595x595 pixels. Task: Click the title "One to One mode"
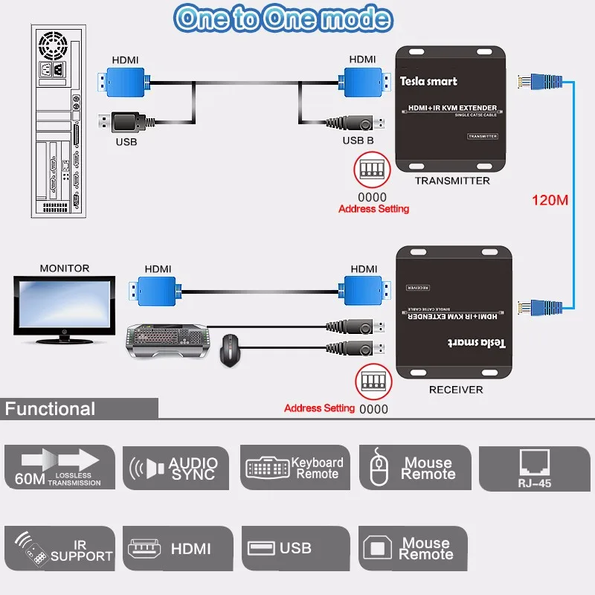[x=283, y=19]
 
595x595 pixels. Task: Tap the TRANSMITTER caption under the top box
[x=452, y=181]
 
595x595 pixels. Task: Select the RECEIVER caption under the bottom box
[x=456, y=390]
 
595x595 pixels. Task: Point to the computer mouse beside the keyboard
[x=231, y=350]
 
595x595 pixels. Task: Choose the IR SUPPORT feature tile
[x=59, y=549]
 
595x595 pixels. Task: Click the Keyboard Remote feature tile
[x=295, y=468]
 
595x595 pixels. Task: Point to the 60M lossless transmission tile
[x=59, y=468]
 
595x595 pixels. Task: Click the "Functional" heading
[x=51, y=408]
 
